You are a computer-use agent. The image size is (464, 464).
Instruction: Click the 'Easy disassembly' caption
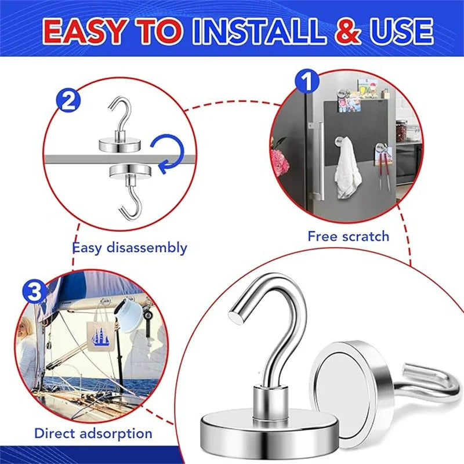pos(129,248)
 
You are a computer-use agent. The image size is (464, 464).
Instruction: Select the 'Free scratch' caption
pos(348,236)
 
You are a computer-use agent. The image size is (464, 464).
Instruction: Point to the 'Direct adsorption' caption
pos(93,433)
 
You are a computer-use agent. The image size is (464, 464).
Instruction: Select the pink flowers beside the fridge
pos(280,160)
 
